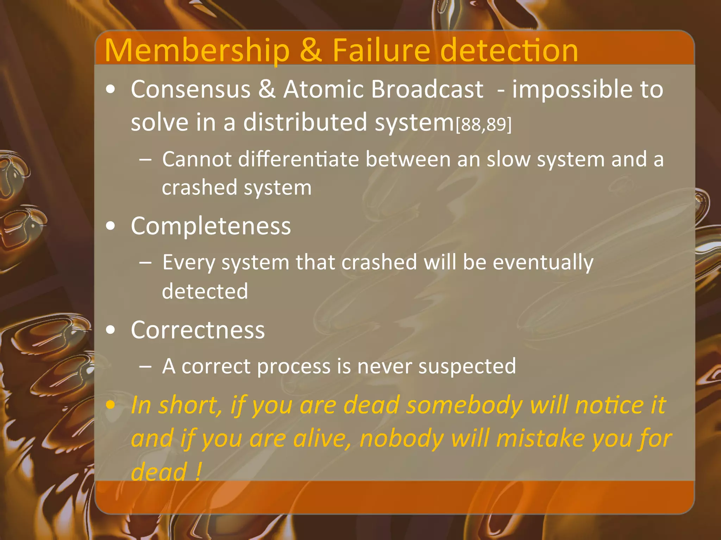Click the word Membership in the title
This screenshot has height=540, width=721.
(x=197, y=51)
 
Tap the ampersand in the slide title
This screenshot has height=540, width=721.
(x=311, y=51)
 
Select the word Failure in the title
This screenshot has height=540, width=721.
(x=381, y=51)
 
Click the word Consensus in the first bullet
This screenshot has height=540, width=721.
(x=190, y=89)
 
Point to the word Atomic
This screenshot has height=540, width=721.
(x=323, y=89)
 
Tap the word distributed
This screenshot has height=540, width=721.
(x=305, y=122)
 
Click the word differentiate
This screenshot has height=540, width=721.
(x=298, y=159)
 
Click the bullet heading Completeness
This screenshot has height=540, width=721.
(x=211, y=226)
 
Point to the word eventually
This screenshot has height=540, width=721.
(x=543, y=263)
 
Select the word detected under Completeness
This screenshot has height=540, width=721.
(x=205, y=291)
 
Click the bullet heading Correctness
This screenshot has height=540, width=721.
(x=198, y=330)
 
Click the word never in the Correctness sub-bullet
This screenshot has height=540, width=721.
(x=384, y=367)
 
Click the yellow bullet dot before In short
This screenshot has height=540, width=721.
(x=111, y=405)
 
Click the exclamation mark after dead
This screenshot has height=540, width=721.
(x=198, y=471)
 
